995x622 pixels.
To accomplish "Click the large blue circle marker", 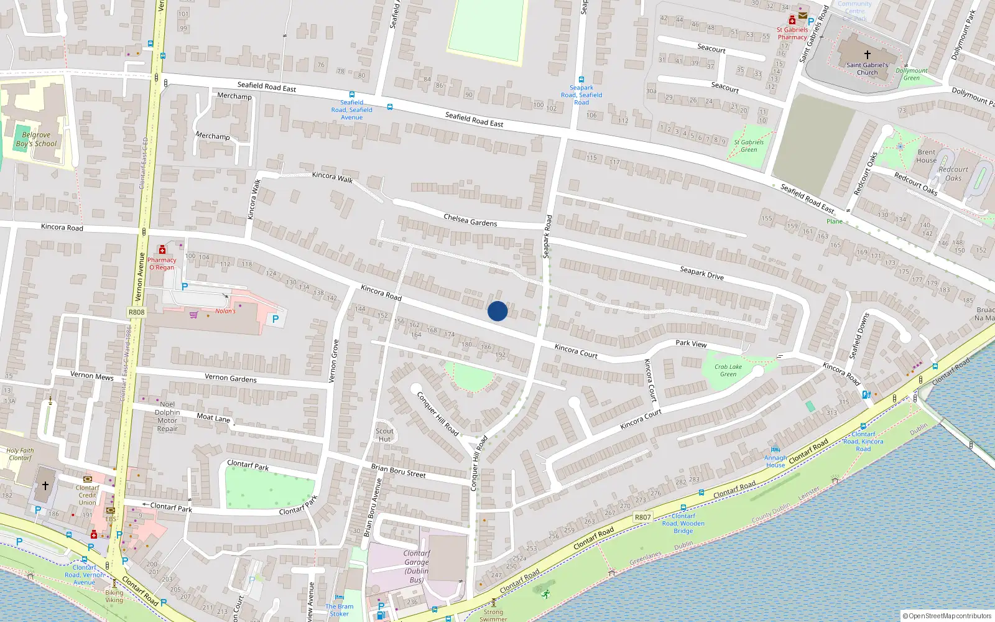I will click(x=497, y=311).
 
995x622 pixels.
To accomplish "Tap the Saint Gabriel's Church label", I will click(x=867, y=68).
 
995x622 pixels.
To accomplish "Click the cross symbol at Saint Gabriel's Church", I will click(x=867, y=55).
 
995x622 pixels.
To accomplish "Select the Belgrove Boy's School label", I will click(x=36, y=139).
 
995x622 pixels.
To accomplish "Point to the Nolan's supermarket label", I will click(x=225, y=311).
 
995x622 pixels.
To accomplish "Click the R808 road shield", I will click(x=136, y=312).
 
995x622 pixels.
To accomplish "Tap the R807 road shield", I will click(x=642, y=517).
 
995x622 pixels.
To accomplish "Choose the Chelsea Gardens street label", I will click(x=470, y=220).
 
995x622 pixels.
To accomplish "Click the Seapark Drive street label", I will click(x=701, y=273).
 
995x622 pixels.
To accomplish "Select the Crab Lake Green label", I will click(x=728, y=371).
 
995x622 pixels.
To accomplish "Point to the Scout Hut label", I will click(x=384, y=435).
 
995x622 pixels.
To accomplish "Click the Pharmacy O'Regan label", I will click(x=162, y=264).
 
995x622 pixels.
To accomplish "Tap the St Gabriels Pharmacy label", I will click(x=792, y=33).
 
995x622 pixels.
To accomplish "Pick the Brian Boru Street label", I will click(x=398, y=471).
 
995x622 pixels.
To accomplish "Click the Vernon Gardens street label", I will click(x=230, y=378).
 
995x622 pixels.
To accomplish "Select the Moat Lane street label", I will click(x=213, y=418).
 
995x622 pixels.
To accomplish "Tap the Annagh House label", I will click(x=775, y=462).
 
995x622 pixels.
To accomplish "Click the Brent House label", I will click(x=926, y=156).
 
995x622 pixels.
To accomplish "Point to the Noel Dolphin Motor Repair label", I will click(x=167, y=416).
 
